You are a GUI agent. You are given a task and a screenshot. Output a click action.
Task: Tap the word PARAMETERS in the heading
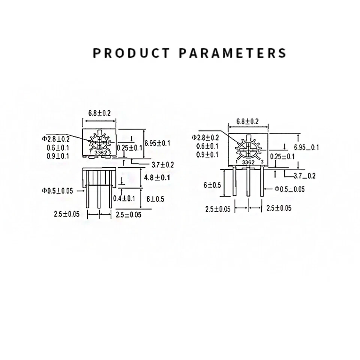(232, 53)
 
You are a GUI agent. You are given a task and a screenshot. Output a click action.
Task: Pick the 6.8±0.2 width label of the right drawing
(247, 121)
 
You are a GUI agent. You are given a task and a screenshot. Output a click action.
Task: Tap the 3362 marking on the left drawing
(100, 153)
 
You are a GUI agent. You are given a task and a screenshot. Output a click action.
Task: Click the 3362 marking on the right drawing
(248, 162)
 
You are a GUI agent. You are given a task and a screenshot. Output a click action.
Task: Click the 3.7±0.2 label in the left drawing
(162, 165)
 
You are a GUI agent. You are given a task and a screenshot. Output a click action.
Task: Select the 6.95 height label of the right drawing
(306, 147)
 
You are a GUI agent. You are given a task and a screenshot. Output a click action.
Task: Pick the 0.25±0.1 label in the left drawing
(130, 148)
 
